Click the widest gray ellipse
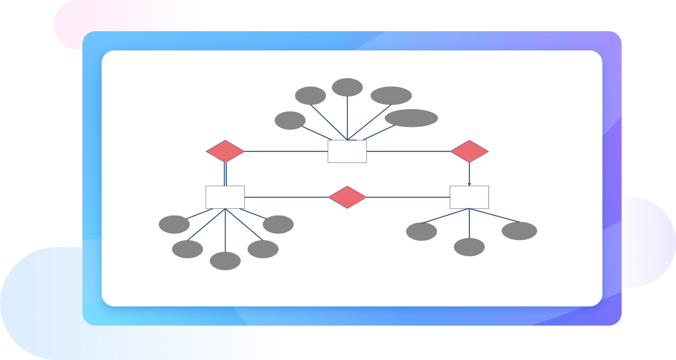(x=411, y=118)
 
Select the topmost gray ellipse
(x=347, y=87)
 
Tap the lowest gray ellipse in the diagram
(x=225, y=261)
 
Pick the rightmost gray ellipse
(x=519, y=231)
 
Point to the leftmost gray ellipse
(x=174, y=224)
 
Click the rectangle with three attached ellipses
(x=469, y=197)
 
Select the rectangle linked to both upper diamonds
(x=347, y=151)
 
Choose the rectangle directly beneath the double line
(x=225, y=197)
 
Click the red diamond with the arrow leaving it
(x=469, y=151)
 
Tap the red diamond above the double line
(x=225, y=151)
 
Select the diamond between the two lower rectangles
(x=347, y=197)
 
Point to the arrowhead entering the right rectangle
(x=469, y=184)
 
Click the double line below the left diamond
(x=225, y=174)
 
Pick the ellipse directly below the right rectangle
(x=469, y=247)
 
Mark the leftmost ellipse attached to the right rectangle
(x=421, y=232)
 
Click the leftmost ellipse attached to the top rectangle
(x=290, y=120)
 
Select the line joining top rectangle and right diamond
(x=408, y=151)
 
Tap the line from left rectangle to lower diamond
(x=286, y=197)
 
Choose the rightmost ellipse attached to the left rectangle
(x=278, y=224)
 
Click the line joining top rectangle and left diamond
(x=286, y=151)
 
